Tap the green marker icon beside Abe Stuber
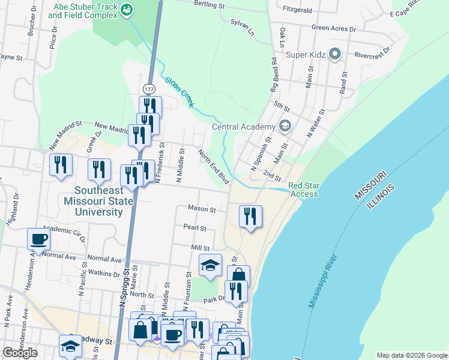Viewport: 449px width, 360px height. [x=127, y=9]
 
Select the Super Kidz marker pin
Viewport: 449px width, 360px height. [x=335, y=55]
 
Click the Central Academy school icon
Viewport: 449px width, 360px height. [x=285, y=126]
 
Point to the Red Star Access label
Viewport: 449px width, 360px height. [x=303, y=190]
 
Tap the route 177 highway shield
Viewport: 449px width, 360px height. [x=149, y=89]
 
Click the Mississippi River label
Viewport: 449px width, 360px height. [x=324, y=281]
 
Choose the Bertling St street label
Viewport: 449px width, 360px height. [x=208, y=4]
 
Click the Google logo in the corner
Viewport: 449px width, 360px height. [x=20, y=353]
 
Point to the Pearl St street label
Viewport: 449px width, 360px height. [x=195, y=228]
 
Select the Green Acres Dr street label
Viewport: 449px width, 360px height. [x=334, y=28]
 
